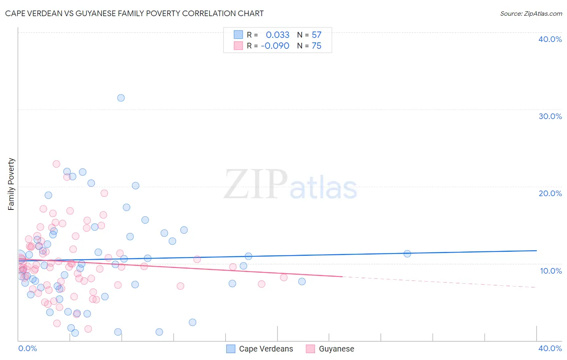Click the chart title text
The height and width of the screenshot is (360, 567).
(x=134, y=13)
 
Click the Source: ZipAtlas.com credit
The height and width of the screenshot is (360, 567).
(x=531, y=13)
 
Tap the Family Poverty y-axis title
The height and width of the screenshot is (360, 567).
(x=11, y=184)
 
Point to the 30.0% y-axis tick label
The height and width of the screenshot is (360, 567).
(x=550, y=116)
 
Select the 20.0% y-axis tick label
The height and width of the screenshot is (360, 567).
(x=550, y=193)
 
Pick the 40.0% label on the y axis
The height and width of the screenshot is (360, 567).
(x=550, y=39)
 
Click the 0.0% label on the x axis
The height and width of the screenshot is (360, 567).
(x=27, y=348)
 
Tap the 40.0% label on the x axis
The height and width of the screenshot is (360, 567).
(x=550, y=348)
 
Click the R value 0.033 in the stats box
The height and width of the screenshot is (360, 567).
(x=277, y=35)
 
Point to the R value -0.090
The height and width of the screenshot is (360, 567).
(x=275, y=46)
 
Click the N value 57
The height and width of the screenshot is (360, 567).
(x=317, y=35)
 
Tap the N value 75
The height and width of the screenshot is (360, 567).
(x=317, y=46)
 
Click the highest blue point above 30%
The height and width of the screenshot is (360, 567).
(x=121, y=98)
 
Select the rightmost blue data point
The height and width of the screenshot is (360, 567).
(x=407, y=253)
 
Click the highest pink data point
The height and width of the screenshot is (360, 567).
(x=56, y=164)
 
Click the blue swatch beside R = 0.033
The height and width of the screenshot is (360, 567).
(x=238, y=35)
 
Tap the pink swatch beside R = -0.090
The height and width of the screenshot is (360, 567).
(x=238, y=46)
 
